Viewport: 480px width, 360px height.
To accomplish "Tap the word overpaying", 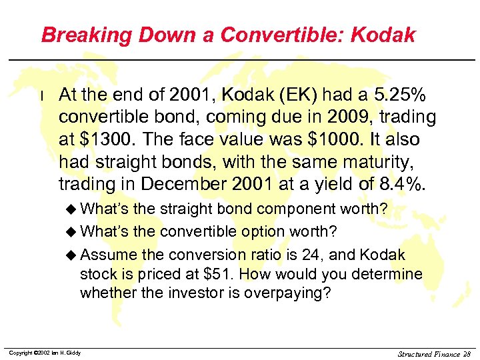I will [x=283, y=293].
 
